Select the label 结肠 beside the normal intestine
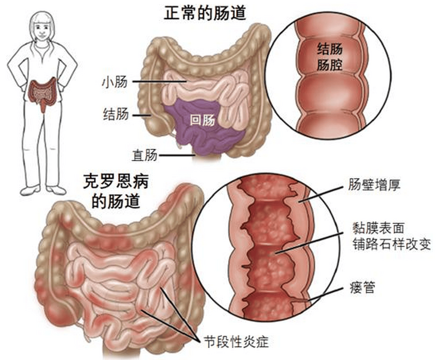click(116, 114)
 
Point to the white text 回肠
click(202, 120)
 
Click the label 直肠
click(144, 155)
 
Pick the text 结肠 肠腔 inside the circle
click(330, 57)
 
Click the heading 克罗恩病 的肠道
click(116, 192)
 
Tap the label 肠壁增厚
click(374, 184)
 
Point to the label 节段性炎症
click(236, 342)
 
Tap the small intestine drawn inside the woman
click(43, 93)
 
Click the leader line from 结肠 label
click(142, 115)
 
